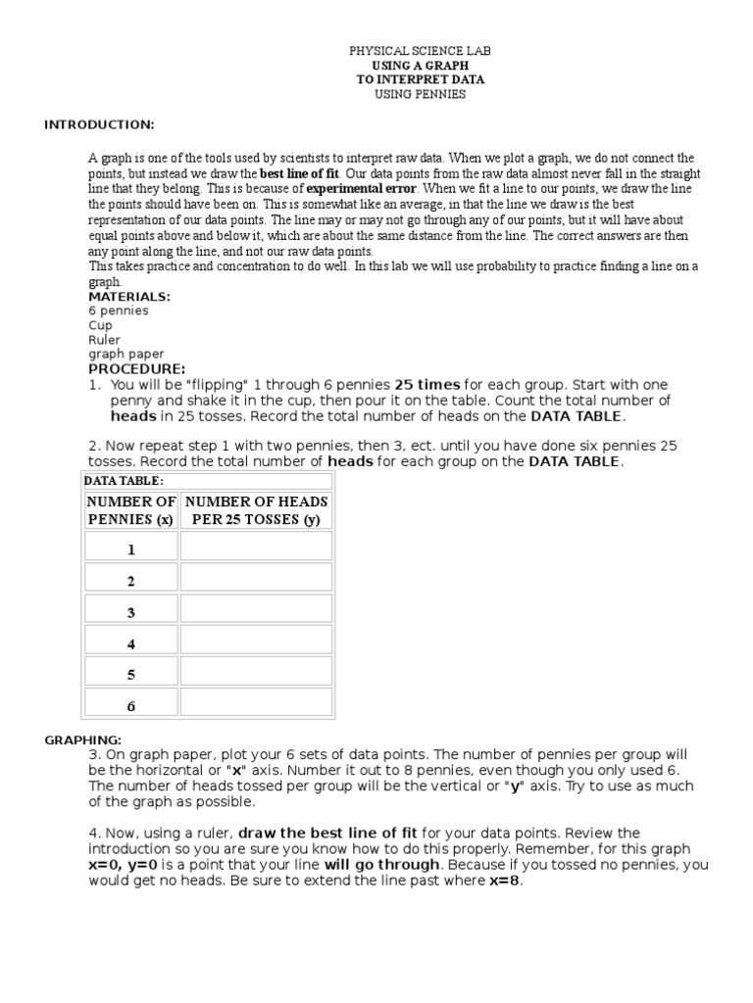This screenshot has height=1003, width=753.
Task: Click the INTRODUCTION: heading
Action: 99,124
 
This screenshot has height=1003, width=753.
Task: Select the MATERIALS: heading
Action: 129,296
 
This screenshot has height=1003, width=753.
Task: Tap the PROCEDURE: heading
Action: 136,369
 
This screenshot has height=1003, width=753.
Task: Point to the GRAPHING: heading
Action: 82,740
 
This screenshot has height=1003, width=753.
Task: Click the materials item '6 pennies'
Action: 119,310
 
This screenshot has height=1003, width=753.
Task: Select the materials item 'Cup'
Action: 100,325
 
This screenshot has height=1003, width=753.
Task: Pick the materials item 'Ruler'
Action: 104,340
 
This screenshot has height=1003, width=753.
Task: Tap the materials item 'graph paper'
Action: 126,355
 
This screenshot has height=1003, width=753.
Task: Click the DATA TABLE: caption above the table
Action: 124,481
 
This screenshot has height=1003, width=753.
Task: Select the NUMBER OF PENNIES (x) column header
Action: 131,510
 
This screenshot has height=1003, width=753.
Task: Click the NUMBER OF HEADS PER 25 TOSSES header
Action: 256,510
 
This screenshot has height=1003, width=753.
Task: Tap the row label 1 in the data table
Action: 130,550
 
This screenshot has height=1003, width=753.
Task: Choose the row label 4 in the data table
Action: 130,645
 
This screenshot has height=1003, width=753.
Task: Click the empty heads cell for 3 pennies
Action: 256,612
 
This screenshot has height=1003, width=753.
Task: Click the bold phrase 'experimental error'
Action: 362,188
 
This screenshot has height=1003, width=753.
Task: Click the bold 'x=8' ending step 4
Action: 506,880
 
